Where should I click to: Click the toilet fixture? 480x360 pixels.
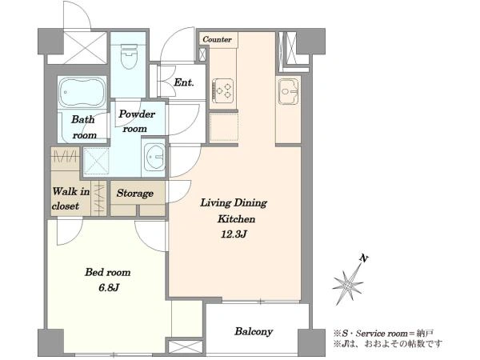(129, 56)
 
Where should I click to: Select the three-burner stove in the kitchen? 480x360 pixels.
(223, 90)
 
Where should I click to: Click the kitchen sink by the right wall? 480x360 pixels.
(288, 91)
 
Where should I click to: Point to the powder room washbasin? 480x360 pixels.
(155, 157)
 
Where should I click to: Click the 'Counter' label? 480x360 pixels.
(217, 39)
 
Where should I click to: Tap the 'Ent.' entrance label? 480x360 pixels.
(184, 82)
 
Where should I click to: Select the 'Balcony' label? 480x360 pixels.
(254, 331)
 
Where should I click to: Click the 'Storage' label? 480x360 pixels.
(135, 193)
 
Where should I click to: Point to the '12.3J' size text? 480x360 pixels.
(234, 234)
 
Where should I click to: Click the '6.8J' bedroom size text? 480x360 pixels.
(109, 287)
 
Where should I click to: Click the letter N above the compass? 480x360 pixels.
(364, 258)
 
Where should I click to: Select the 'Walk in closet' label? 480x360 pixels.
(70, 198)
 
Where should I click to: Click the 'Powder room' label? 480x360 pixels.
(137, 122)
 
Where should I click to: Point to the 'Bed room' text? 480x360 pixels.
(108, 272)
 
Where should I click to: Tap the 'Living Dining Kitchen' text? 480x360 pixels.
(234, 210)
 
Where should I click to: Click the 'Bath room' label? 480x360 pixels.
(84, 127)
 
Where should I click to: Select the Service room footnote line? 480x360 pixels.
(383, 333)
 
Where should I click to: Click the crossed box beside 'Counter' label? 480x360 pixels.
(202, 54)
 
